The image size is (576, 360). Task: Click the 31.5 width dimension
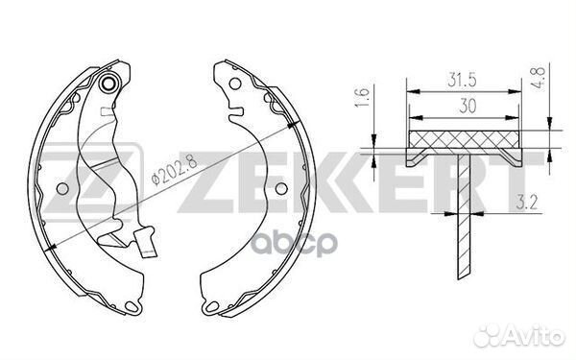pos(462,80)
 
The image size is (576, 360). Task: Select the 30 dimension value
pos(468,106)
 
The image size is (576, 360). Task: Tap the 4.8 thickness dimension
pos(539,76)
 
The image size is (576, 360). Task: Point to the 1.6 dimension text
pos(362,97)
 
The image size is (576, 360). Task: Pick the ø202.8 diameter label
pos(175,170)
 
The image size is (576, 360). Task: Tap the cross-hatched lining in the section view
pos(464,139)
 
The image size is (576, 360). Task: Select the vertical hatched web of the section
pos(464,216)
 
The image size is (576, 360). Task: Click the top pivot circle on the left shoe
pos(108,84)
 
